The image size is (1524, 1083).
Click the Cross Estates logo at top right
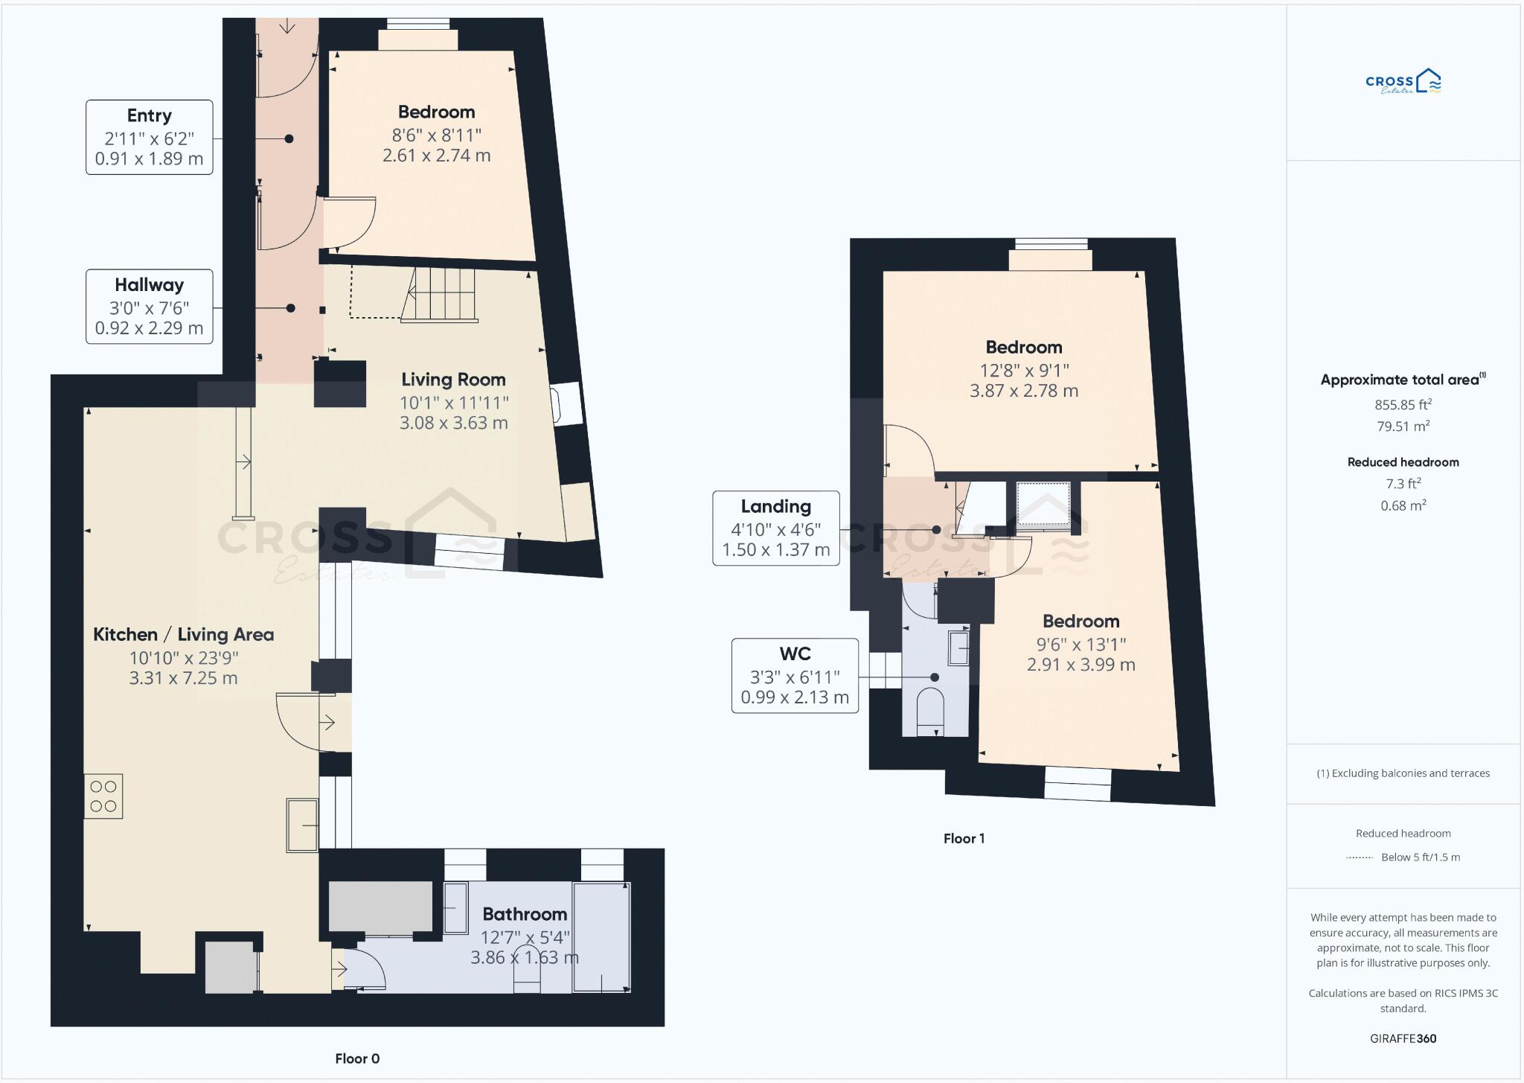(1403, 82)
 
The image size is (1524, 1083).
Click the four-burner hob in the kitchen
(103, 796)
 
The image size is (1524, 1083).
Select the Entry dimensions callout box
(150, 138)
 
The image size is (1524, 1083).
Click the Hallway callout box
(150, 307)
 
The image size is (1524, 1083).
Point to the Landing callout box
(776, 528)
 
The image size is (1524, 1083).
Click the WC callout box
(795, 676)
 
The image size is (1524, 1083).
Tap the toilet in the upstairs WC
(930, 710)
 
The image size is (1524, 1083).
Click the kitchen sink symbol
(303, 825)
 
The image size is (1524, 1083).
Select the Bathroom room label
(525, 914)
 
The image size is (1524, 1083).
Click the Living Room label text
(453, 380)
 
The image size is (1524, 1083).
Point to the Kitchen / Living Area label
(183, 635)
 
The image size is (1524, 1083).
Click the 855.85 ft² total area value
(1403, 405)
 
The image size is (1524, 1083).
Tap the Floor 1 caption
(964, 839)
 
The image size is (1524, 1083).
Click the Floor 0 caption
(357, 1058)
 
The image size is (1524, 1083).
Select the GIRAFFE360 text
(1403, 1038)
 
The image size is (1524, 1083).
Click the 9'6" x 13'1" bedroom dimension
(1080, 644)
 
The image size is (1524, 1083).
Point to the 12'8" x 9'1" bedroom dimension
(1024, 370)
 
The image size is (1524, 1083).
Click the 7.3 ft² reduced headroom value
(1403, 484)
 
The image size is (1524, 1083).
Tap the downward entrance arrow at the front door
(287, 26)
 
